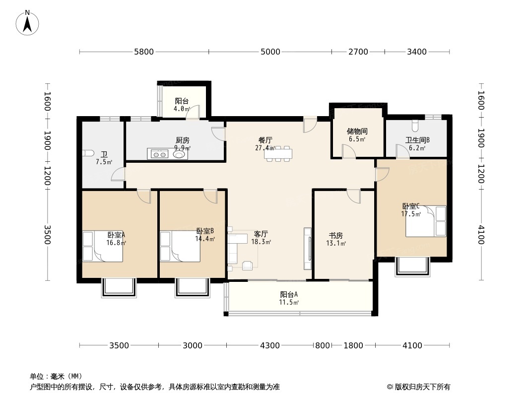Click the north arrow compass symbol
(x=27, y=22)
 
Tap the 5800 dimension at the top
(x=144, y=52)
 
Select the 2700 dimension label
(x=358, y=52)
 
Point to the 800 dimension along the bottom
(x=322, y=345)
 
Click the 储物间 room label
(x=357, y=131)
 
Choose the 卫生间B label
(x=417, y=140)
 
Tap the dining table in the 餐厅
(x=278, y=154)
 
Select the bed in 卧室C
(x=426, y=221)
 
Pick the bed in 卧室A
(x=103, y=246)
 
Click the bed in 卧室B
(x=180, y=246)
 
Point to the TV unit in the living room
(x=308, y=249)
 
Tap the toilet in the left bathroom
(x=87, y=153)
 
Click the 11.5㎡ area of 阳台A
(x=288, y=302)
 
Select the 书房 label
(x=335, y=235)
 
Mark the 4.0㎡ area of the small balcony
(x=182, y=109)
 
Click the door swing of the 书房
(x=354, y=197)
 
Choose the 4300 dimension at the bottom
(x=270, y=345)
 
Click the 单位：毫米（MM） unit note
(x=56, y=376)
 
